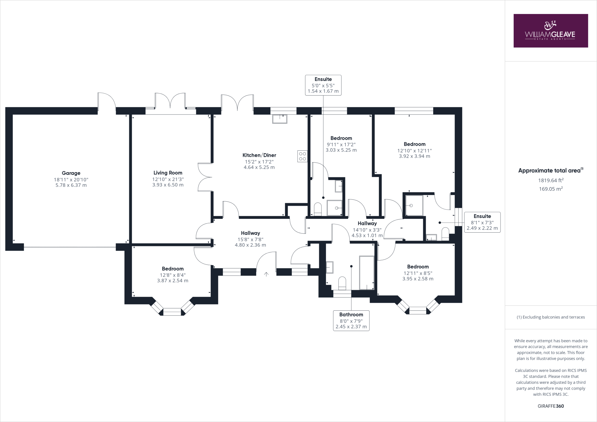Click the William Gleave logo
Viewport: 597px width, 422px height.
550,31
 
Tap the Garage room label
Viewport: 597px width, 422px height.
71,173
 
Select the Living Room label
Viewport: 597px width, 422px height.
168,173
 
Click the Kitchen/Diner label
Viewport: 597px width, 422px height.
259,155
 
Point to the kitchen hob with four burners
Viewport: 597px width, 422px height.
302,156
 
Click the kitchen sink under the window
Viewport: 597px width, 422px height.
280,119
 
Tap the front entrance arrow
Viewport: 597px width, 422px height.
266,274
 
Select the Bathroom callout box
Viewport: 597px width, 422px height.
351,320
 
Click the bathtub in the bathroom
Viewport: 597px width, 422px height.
367,273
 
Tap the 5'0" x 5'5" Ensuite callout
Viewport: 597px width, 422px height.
323,85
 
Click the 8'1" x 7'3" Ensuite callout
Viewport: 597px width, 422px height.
482,222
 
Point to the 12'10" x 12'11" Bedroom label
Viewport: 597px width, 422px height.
414,144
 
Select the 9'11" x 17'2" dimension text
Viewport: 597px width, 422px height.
341,145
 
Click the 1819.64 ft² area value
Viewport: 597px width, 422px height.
550,180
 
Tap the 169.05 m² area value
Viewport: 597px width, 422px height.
550,189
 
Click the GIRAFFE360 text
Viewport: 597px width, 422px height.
550,406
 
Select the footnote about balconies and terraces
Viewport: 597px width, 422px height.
550,317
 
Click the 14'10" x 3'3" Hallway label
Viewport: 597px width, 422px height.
367,224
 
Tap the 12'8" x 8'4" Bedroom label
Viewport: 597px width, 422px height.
173,269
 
